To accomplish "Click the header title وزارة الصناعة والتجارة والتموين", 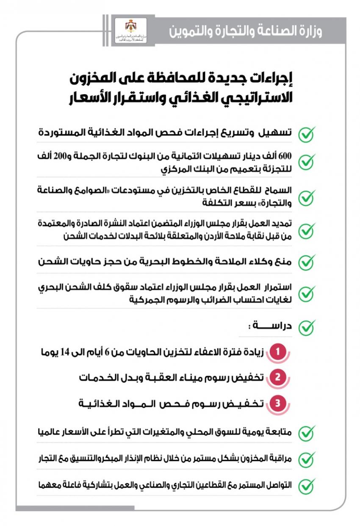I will [x=246, y=31].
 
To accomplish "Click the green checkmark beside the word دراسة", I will [x=306, y=327].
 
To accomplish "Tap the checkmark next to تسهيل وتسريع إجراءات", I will [x=306, y=134].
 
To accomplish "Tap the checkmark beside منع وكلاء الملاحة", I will [x=306, y=262].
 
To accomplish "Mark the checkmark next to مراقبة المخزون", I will [x=306, y=459].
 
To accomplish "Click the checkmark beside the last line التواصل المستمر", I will [x=306, y=486].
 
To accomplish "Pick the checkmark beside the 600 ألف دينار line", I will [x=306, y=161].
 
